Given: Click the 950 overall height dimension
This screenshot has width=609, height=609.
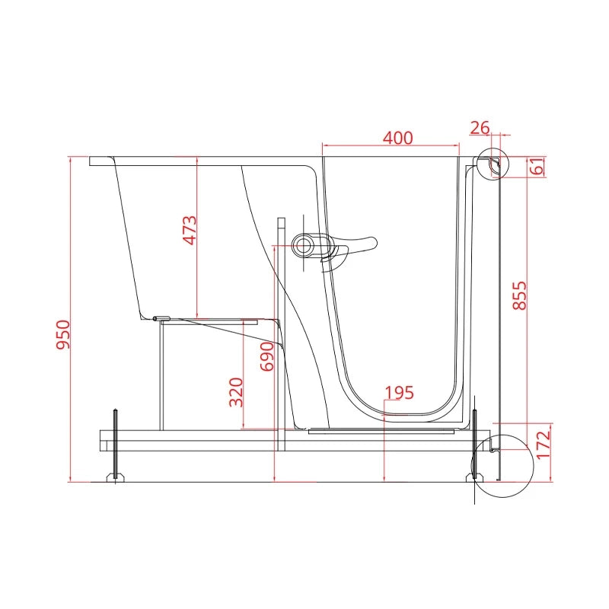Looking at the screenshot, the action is point(63,334).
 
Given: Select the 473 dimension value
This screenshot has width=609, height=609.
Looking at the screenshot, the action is point(190,231).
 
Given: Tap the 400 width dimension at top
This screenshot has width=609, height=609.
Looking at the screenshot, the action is point(397,138).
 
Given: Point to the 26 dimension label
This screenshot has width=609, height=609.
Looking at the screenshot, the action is point(480,128).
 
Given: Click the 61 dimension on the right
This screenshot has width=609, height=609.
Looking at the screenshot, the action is point(537,166).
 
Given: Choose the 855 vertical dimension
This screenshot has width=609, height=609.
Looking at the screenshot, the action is point(519,295).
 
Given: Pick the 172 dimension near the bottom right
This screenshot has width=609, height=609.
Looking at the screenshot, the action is point(544,445).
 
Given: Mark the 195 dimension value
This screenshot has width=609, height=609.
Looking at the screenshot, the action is point(399,393).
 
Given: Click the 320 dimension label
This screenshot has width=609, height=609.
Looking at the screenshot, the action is point(236,392).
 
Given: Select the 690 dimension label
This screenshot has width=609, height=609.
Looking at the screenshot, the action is point(267,356).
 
